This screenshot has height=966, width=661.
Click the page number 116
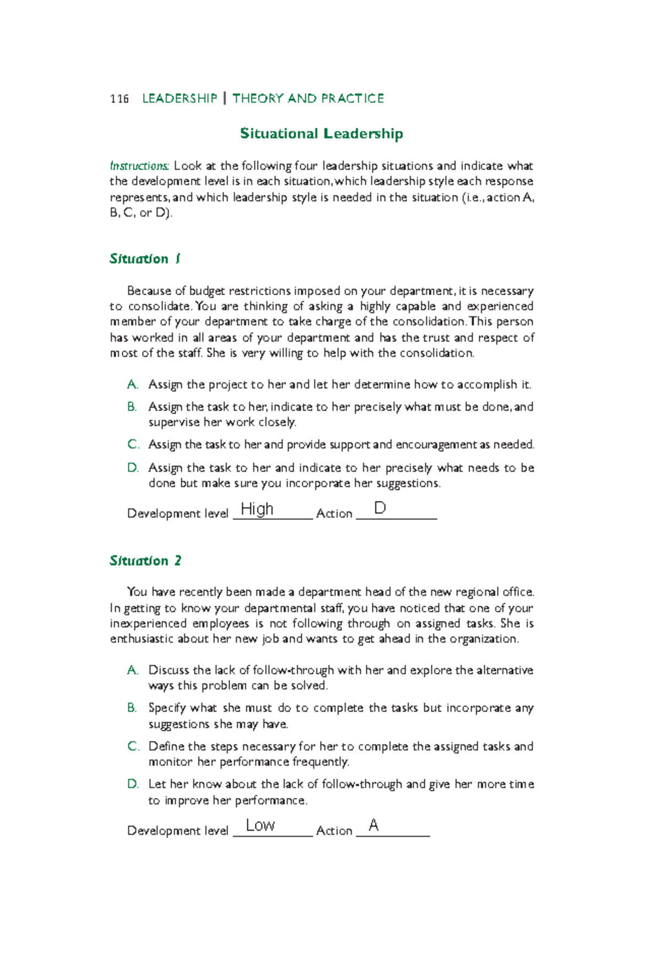click(119, 99)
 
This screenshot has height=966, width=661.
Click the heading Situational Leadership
click(321, 134)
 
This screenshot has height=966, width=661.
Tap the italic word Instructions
click(139, 166)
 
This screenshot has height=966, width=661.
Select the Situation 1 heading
click(145, 259)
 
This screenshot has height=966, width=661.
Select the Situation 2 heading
click(145, 561)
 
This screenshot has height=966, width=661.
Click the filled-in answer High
click(257, 509)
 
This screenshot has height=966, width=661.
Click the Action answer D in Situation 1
click(380, 508)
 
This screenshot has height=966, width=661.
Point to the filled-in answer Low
click(260, 825)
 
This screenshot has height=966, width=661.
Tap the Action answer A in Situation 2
click(373, 825)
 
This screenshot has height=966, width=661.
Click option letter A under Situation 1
click(132, 384)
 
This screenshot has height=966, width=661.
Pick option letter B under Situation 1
click(132, 407)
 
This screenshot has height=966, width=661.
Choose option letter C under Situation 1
click(132, 444)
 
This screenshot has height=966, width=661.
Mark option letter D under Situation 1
click(132, 468)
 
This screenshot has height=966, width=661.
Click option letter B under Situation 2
click(132, 708)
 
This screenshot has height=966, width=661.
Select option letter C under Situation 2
click(132, 746)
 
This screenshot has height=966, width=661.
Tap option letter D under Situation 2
click(132, 784)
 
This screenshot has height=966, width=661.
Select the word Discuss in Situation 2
click(169, 670)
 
